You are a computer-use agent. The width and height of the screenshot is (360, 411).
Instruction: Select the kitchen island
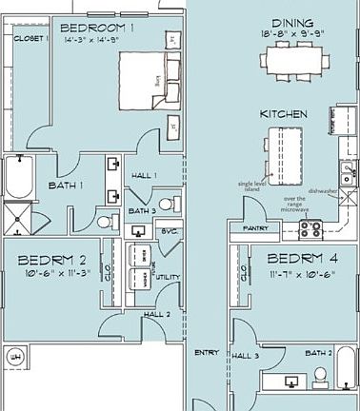(283, 154)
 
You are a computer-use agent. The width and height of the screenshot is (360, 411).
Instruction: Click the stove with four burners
(311, 228)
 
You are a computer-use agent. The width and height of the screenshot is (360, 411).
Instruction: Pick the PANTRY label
(255, 229)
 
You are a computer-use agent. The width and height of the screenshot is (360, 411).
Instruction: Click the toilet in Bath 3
(167, 203)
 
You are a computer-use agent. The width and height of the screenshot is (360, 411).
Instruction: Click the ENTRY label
(206, 352)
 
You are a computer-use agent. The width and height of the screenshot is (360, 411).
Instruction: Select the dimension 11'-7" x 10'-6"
(301, 273)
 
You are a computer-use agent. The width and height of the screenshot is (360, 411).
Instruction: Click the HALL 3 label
(246, 354)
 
